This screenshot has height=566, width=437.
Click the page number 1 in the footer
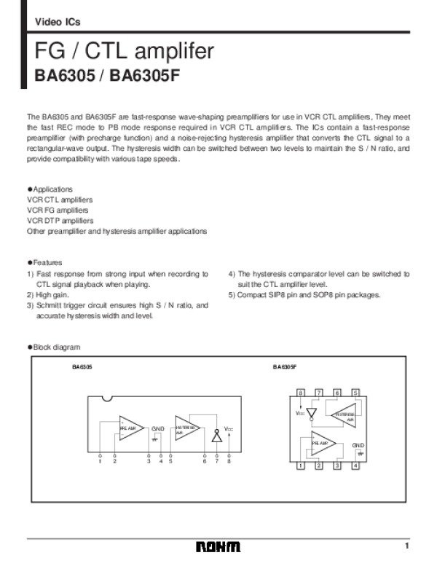click(408, 546)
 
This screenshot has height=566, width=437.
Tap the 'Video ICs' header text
click(58, 22)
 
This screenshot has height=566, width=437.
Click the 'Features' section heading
click(47, 262)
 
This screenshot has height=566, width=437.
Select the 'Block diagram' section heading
click(56, 347)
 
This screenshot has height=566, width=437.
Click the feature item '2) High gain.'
click(48, 295)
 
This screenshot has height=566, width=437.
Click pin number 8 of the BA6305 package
click(229, 461)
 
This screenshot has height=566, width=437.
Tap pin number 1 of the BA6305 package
click(100, 461)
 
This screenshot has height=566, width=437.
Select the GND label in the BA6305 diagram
click(158, 429)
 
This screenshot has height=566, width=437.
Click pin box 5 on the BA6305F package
click(355, 393)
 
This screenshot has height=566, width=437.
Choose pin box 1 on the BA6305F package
click(300, 465)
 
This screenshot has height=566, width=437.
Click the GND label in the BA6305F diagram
click(358, 444)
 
